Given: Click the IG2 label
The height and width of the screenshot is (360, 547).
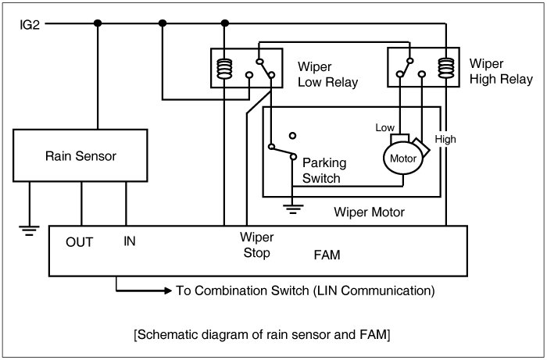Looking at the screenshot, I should coord(30,24).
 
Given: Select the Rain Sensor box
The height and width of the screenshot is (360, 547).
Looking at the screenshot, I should coord(80,156).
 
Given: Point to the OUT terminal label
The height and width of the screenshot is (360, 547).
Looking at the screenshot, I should coord(80,242).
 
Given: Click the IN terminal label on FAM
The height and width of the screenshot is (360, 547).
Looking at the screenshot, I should coord(130,242).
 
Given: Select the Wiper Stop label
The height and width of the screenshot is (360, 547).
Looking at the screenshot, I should coord(256,244).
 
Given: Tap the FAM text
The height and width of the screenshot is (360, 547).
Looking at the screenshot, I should coord(326,255).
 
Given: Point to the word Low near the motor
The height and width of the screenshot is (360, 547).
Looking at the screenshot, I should coord(385,127).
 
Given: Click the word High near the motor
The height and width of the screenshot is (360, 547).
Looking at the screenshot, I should coord(445,140).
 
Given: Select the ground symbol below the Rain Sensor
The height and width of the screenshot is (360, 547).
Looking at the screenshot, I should coord(29,228).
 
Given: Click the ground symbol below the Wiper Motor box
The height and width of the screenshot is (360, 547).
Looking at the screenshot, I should coord(293,207).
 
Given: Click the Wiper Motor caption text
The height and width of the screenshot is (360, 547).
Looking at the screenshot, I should coord(369,212).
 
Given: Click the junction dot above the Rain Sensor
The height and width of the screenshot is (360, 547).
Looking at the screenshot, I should coord(98,23).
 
